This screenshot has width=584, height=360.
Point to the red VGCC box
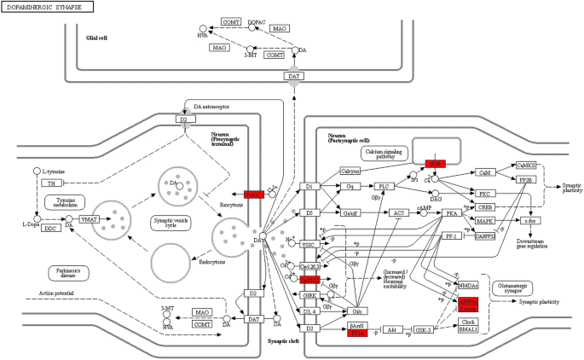click(x=253, y=195)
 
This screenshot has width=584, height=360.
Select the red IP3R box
click(x=436, y=162)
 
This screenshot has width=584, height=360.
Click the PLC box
click(x=385, y=186)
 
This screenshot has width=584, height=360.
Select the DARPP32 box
click(x=484, y=235)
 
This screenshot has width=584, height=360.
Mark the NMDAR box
click(x=467, y=285)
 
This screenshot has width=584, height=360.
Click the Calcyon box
click(x=350, y=171)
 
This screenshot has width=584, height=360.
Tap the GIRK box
click(x=309, y=295)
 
